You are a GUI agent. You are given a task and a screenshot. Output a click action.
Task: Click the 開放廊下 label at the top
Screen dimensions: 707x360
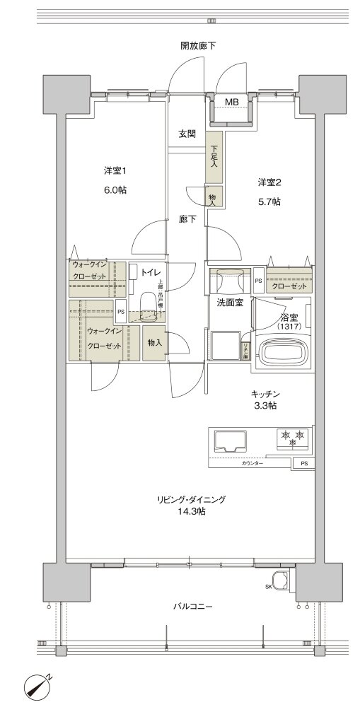(x=197, y=46)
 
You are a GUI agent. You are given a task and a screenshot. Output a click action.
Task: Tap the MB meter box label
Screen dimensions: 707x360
(x=231, y=103)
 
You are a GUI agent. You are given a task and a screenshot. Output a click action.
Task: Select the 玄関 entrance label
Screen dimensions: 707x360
(x=187, y=134)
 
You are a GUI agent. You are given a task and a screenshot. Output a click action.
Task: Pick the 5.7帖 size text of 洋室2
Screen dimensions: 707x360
(x=270, y=201)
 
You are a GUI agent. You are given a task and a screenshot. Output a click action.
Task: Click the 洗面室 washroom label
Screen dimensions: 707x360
(x=230, y=303)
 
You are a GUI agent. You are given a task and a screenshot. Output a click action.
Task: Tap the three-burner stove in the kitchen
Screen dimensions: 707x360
(x=292, y=438)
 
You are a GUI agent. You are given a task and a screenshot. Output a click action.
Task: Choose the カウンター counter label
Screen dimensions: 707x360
(x=252, y=462)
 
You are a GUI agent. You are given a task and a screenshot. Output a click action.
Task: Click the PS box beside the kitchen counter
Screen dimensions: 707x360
(x=304, y=463)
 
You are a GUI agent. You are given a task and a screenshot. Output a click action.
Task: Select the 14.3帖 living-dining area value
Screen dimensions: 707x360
(x=192, y=512)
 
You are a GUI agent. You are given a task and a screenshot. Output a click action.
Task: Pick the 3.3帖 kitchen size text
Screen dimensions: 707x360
(x=266, y=406)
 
